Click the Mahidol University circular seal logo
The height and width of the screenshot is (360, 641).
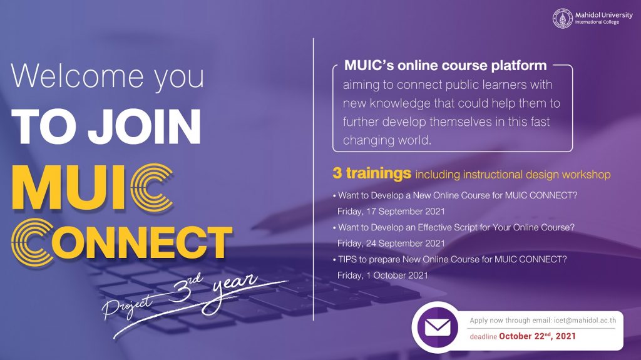coord(563,18)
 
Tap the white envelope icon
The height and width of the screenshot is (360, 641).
coord(438,327)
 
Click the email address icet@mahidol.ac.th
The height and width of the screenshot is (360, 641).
coord(585,321)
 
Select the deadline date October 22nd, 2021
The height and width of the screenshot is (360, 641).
coord(537,336)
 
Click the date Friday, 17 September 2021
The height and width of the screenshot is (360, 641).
coord(391,212)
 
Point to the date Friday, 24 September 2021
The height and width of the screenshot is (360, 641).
coord(391,244)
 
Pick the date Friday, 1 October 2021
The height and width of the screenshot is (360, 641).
coord(382,275)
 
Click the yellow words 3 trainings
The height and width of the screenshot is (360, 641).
coord(372,173)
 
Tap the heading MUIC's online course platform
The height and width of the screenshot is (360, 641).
coord(445,66)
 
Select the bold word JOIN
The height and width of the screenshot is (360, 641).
coord(145,127)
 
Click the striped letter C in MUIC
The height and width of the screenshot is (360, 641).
coord(152,188)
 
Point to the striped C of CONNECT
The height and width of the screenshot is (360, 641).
coord(33,242)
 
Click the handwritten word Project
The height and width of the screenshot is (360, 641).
coord(128,305)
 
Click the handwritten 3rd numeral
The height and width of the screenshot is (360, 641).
coord(185,288)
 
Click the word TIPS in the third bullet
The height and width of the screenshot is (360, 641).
coord(347,259)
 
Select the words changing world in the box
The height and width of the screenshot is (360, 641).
coord(387,141)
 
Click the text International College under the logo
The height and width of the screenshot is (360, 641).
coord(597,22)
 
